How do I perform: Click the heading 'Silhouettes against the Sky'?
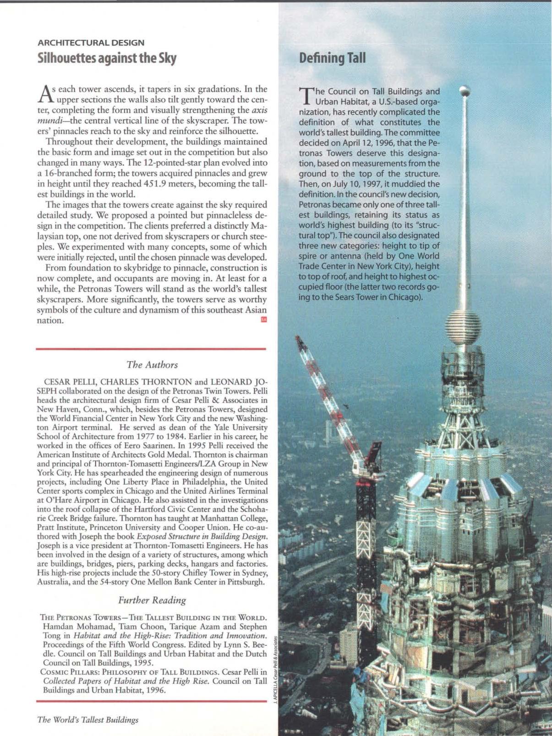pyautogui.click(x=107, y=58)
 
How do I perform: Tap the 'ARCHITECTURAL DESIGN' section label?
pyautogui.click(x=91, y=43)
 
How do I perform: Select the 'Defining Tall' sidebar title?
pyautogui.click(x=332, y=58)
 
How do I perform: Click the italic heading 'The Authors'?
pyautogui.click(x=152, y=365)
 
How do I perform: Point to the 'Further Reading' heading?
pyautogui.click(x=152, y=600)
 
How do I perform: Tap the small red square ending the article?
pyautogui.click(x=263, y=320)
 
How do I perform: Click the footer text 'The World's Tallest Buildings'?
pyautogui.click(x=87, y=720)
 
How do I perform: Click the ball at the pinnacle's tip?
pyautogui.click(x=465, y=90)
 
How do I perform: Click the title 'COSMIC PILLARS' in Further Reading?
pyautogui.click(x=66, y=672)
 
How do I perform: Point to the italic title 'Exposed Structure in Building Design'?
pyautogui.click(x=202, y=536)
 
